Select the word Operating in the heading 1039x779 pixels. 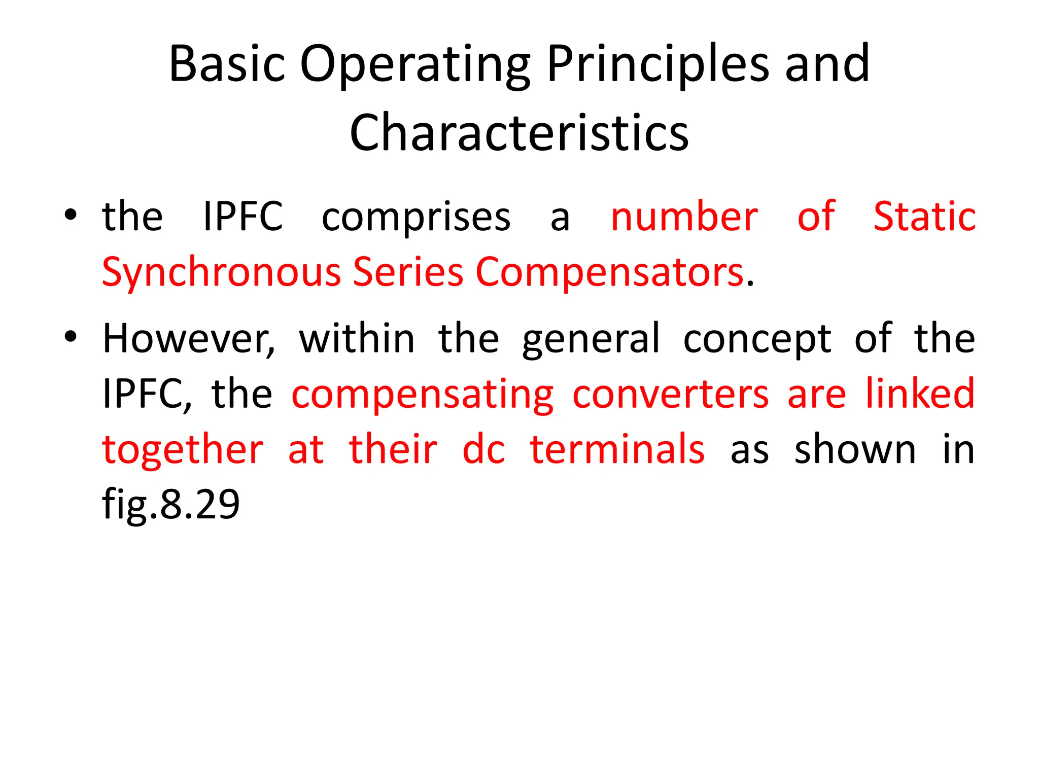415,65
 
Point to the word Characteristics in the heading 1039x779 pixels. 519,133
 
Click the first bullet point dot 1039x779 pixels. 71,215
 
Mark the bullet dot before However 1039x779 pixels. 71,337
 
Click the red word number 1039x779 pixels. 684,217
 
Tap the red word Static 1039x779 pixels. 924,217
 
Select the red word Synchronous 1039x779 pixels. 221,273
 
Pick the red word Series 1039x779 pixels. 408,272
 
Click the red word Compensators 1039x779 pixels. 609,273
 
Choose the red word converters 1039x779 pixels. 671,394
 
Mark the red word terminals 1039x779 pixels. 617,449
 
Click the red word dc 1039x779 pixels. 483,449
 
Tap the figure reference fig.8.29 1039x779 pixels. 171,505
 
